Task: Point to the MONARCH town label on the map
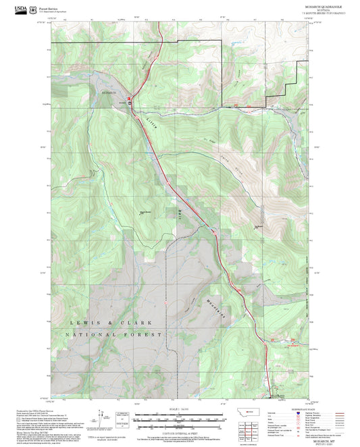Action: (109, 91)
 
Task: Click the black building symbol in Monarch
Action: (130, 103)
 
